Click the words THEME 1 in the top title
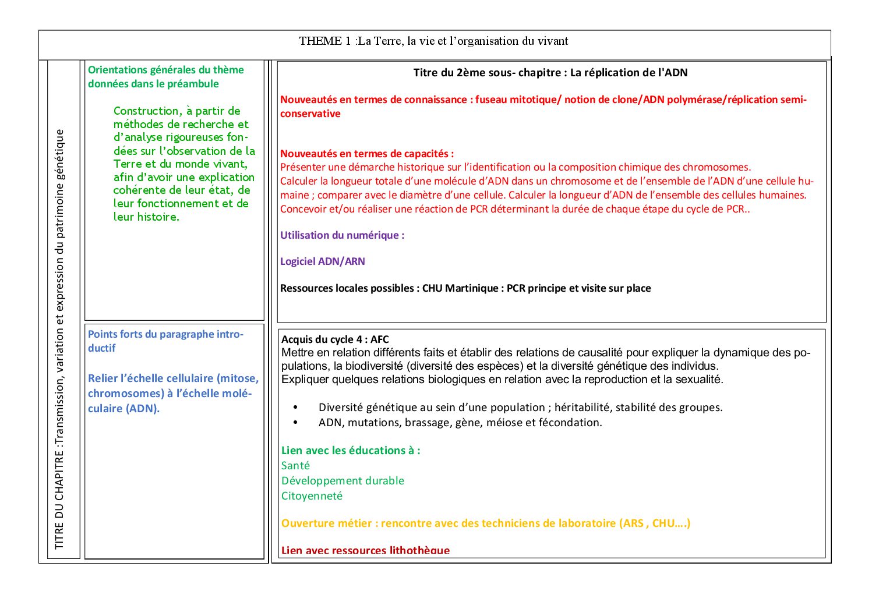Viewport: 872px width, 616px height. click(325, 41)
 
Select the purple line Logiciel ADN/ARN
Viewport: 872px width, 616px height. click(322, 261)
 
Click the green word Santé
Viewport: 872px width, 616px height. click(295, 466)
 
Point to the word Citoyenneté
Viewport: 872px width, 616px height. click(312, 496)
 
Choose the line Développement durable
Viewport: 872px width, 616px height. click(343, 481)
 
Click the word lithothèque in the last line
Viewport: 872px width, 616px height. click(419, 550)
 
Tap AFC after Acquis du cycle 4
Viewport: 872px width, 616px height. click(379, 339)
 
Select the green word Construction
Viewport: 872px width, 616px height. click(146, 111)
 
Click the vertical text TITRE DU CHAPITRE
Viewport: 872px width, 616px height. click(59, 506)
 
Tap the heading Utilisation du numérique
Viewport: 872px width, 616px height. click(342, 235)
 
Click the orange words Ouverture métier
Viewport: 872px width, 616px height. click(326, 523)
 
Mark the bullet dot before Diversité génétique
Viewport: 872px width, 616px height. click(295, 408)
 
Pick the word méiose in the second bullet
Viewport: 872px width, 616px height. click(506, 423)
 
